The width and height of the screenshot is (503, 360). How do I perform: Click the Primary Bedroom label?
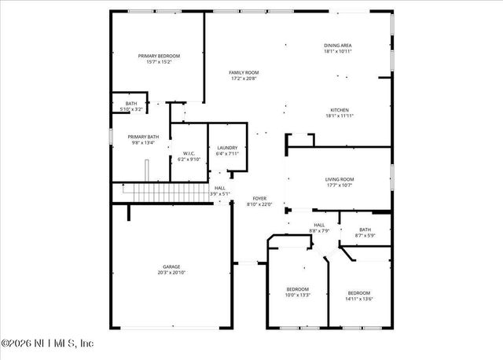click(159, 56)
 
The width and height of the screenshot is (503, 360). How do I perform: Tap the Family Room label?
click(244, 72)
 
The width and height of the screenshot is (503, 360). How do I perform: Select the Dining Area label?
click(338, 46)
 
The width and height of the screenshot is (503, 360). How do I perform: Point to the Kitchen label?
click(340, 110)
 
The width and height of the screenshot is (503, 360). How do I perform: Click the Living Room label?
click(340, 179)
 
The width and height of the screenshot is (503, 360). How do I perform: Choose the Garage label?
click(171, 267)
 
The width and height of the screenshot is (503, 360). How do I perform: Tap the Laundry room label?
click(227, 148)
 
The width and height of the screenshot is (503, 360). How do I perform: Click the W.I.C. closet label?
click(189, 153)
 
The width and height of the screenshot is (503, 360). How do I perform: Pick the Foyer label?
click(259, 199)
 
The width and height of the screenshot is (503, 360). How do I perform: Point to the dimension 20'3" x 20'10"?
click(171, 273)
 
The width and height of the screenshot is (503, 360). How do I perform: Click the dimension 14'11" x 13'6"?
click(358, 298)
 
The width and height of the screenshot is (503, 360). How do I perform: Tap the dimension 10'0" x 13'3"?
click(298, 295)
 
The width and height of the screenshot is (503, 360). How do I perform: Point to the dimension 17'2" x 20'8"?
click(244, 79)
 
